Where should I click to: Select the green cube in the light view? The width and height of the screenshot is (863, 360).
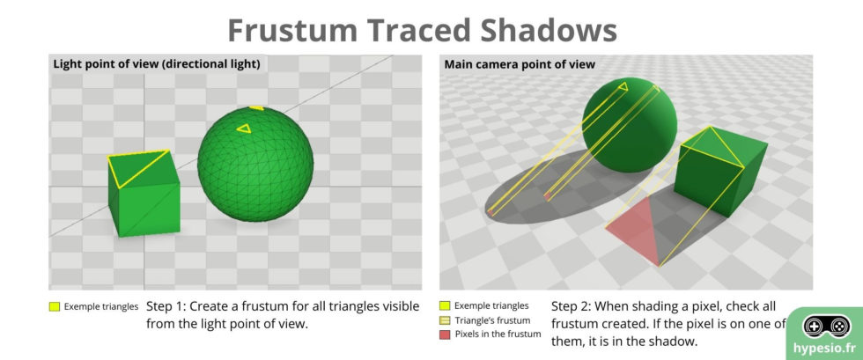click(x=141, y=202)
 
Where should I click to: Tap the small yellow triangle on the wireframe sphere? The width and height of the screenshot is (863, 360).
click(x=243, y=129)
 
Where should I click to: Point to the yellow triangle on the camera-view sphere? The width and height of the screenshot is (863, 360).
click(x=623, y=86)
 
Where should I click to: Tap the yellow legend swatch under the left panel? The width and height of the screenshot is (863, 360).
click(x=55, y=307)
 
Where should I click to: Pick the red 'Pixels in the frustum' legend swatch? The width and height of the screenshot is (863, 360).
click(x=446, y=335)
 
